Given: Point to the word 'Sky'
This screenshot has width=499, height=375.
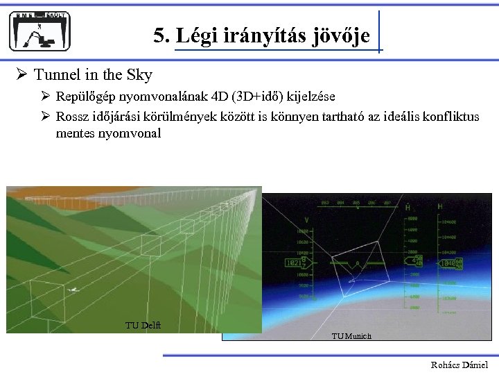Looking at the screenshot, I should [139, 75].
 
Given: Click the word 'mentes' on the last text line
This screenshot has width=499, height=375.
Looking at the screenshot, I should [75, 133].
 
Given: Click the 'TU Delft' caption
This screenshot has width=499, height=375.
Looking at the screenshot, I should [143, 325].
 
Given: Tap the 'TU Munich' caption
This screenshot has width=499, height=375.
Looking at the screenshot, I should [351, 336].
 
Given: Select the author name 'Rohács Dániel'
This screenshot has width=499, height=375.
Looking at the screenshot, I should [459, 365].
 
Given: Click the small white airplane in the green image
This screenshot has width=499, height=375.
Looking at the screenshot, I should [73, 290].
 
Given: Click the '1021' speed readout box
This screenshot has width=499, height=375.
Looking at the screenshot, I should [294, 264].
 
